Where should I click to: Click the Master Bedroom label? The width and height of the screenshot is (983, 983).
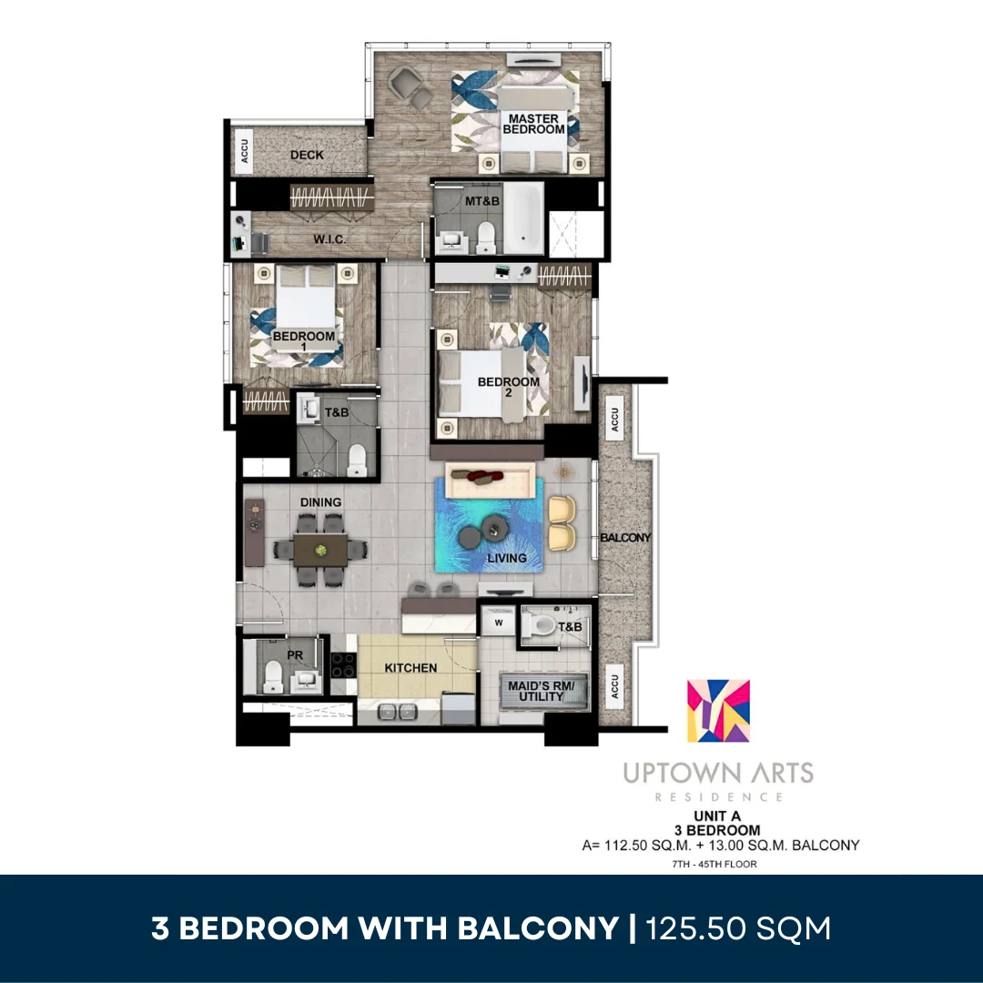tap(533, 124)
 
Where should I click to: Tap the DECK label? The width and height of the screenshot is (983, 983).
tap(308, 155)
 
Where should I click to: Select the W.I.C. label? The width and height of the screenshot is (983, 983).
tap(329, 238)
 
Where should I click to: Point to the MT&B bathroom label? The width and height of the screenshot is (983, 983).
tap(482, 201)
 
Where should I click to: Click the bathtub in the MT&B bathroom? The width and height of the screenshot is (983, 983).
tap(523, 218)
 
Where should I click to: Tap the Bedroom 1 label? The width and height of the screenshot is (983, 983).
tap(303, 341)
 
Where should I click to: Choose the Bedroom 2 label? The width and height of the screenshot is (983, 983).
tap(509, 387)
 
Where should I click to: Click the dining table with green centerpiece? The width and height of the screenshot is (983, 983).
tap(320, 551)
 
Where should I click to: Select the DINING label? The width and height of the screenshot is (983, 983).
tap(320, 502)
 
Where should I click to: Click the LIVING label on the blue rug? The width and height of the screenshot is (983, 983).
tap(507, 558)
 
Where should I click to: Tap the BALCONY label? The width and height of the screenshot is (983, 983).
tap(625, 537)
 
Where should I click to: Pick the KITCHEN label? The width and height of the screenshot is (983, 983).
tap(410, 668)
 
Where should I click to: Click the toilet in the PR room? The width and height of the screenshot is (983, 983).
tap(273, 677)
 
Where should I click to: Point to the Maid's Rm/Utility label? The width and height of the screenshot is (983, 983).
tap(541, 691)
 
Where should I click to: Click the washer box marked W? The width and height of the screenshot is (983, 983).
tap(499, 623)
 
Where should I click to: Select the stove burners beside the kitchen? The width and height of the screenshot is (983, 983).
tap(343, 665)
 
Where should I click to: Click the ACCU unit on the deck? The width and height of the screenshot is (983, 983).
tap(244, 151)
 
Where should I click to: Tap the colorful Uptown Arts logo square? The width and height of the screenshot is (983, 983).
tap(718, 711)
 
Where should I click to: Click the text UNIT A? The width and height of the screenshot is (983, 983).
tap(717, 816)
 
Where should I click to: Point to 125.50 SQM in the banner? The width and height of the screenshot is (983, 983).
tap(738, 928)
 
